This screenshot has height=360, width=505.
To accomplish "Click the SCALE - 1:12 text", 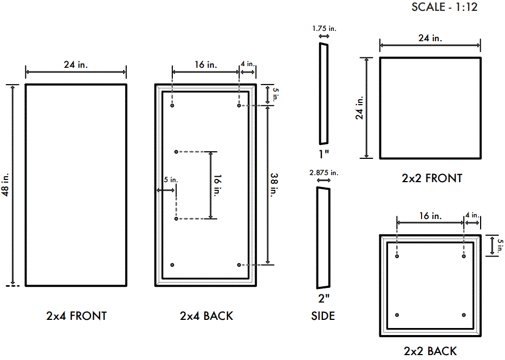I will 444,7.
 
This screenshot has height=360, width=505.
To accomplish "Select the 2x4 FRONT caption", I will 76,316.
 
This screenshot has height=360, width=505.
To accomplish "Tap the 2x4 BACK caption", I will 206,316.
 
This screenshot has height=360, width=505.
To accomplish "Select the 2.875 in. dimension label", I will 323,172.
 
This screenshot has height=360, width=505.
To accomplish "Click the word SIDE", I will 323,316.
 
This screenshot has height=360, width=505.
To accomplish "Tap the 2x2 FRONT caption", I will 432,178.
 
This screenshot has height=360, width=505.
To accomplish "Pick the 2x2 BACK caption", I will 430,351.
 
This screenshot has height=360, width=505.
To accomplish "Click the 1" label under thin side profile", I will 323,154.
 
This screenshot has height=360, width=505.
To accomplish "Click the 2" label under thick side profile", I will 323,298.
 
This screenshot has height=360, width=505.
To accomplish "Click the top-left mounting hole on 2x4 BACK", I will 172,106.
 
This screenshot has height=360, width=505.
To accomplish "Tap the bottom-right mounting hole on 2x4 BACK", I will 239,265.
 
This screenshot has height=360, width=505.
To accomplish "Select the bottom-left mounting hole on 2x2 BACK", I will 397,315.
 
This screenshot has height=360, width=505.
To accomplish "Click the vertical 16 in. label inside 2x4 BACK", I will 217,185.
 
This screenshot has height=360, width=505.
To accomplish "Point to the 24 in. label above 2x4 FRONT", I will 76,65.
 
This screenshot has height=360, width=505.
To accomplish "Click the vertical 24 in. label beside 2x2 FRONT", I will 359,108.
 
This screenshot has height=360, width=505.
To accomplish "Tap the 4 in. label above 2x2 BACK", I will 472,215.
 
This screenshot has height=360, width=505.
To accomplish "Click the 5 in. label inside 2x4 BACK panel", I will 170,180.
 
